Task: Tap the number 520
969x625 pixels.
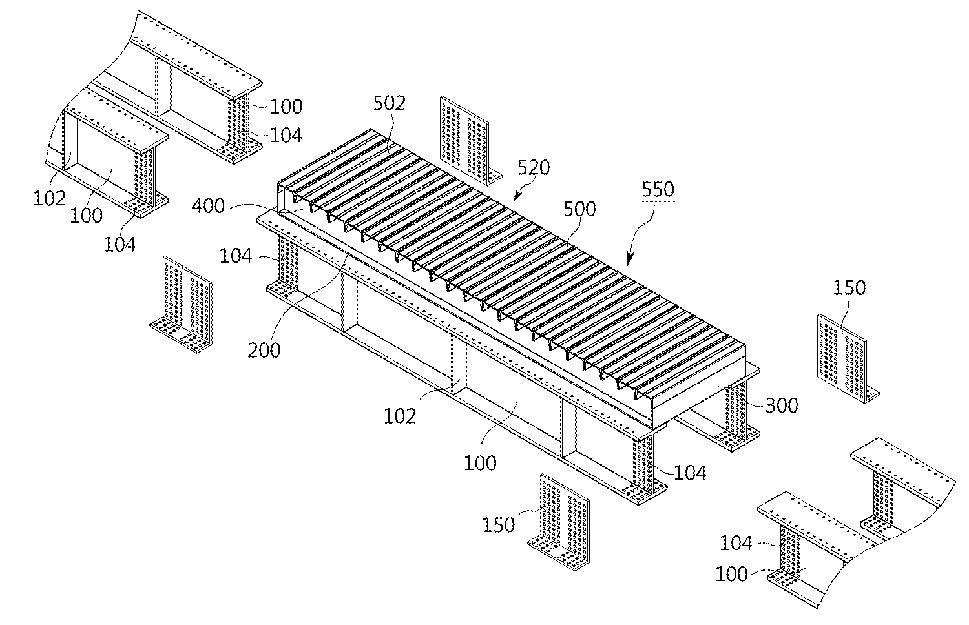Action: (533, 168)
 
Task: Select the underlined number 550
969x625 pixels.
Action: (657, 190)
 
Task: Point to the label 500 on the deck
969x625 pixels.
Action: (579, 209)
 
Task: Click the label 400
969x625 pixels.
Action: (208, 207)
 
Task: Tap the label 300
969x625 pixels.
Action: (782, 405)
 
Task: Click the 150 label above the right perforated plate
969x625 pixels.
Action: (848, 287)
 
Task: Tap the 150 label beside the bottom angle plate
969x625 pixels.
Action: (499, 524)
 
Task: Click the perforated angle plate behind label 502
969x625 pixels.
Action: (464, 139)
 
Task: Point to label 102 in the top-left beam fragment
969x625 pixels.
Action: (50, 198)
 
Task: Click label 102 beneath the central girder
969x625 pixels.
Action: (400, 416)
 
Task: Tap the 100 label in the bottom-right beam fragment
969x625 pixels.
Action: (732, 574)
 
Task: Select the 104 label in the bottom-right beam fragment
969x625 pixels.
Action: (736, 544)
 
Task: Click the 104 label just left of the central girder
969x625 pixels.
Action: (236, 256)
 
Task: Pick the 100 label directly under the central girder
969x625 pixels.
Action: (480, 462)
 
